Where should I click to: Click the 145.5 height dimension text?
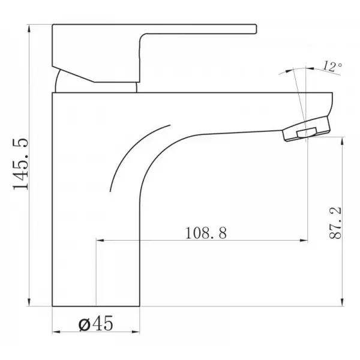[x=21, y=164]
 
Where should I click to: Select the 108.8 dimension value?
[x=206, y=233]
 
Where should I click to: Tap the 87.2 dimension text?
[x=335, y=223]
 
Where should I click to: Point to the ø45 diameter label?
[x=96, y=323]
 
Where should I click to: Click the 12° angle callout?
[x=332, y=67]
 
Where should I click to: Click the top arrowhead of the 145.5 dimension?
[x=29, y=28]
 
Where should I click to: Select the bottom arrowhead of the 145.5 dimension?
[x=29, y=302]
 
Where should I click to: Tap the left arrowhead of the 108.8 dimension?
[x=100, y=241]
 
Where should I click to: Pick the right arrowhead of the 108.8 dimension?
[x=304, y=241]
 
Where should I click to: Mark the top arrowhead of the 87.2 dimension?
[x=343, y=141]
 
